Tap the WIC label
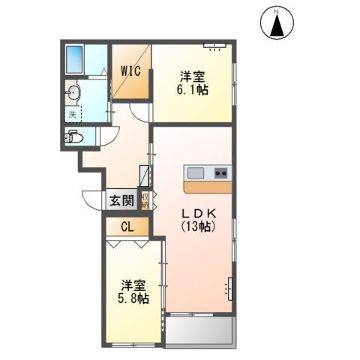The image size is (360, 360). tap(132, 71)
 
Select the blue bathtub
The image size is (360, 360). tap(74, 59)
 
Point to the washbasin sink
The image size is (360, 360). tap(72, 94)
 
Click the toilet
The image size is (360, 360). tap(73, 137)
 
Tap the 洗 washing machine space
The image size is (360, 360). tap(72, 115)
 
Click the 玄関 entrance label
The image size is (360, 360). tap(121, 200)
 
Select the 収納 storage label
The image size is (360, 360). tap(144, 200)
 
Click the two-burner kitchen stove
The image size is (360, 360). tap(221, 172)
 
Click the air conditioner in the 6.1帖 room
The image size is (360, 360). tap(214, 46)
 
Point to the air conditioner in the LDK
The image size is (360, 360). tap(229, 287)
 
